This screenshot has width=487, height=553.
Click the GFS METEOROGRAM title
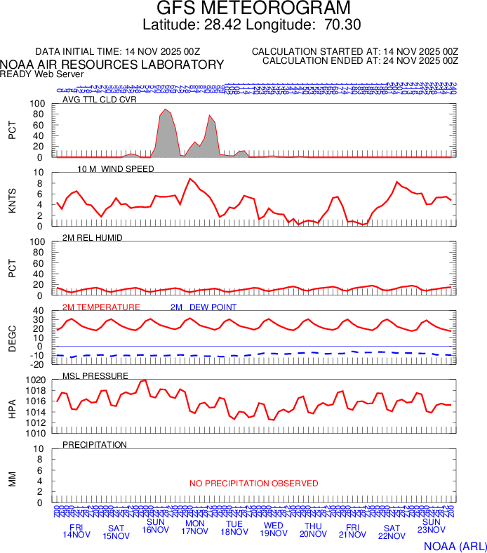253,8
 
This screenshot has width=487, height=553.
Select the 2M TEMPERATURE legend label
101,307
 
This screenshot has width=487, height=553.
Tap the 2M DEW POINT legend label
203,307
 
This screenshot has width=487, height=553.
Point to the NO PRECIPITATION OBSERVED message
253,484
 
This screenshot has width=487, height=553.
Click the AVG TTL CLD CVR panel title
99,100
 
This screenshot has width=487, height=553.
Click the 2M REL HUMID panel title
93,238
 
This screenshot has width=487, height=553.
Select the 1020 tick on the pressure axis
35,380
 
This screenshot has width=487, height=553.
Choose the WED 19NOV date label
273,531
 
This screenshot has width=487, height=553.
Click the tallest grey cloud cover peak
165,110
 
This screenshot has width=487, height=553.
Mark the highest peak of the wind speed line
189,178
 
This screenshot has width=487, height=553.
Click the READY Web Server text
41,74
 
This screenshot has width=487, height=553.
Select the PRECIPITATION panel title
95,445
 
